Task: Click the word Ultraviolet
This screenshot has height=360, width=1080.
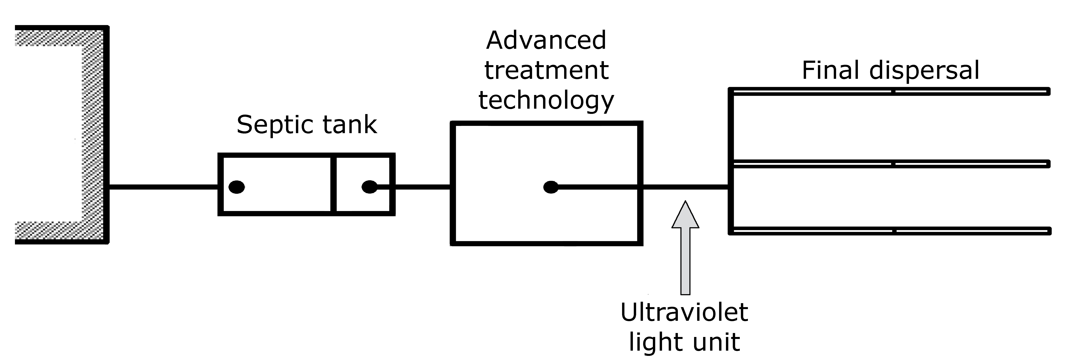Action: click(684, 312)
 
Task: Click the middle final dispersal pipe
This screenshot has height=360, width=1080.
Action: click(889, 163)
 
